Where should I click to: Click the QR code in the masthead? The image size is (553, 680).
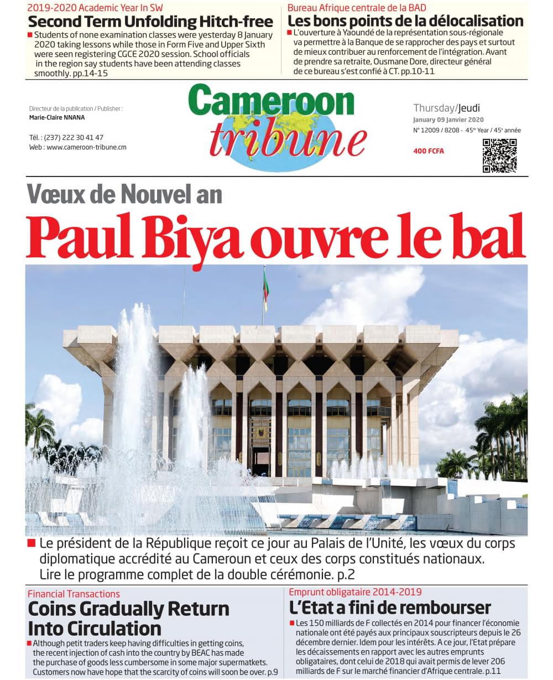pyautogui.click(x=499, y=155)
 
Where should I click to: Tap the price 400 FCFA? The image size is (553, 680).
pyautogui.click(x=429, y=151)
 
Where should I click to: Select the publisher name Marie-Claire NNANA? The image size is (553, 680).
pyautogui.click(x=56, y=117)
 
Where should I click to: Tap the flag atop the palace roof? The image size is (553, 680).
pyautogui.click(x=266, y=289)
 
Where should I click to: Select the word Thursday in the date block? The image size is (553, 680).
pyautogui.click(x=434, y=108)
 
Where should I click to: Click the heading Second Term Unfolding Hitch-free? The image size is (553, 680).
pyautogui.click(x=150, y=22)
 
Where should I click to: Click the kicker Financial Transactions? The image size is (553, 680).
pyautogui.click(x=74, y=594)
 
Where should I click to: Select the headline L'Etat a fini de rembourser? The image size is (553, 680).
pyautogui.click(x=390, y=608)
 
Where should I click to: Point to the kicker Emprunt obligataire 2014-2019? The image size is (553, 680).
pyautogui.click(x=355, y=592)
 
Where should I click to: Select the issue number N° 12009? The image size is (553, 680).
pyautogui.click(x=429, y=131)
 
